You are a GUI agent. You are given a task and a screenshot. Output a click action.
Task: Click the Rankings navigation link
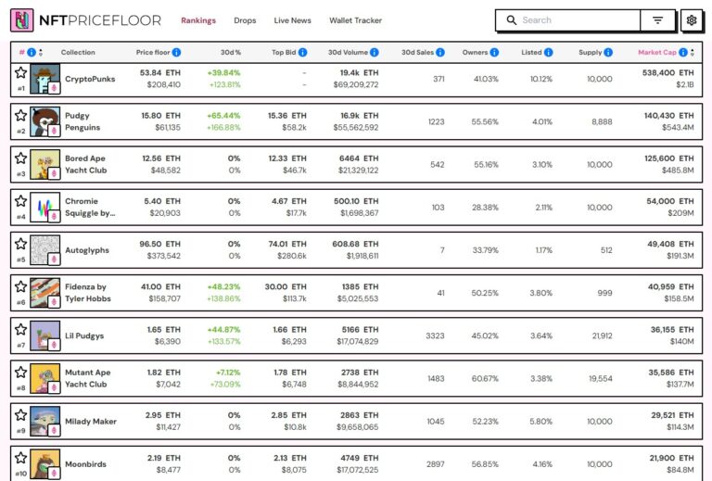[x=198, y=20]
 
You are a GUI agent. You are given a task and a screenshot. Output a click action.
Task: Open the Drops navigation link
[x=245, y=20]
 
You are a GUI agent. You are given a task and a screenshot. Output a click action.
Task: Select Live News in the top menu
[x=293, y=20]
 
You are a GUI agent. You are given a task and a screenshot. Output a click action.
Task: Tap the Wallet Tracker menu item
[x=355, y=20]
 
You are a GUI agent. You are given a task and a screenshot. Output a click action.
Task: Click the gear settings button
[x=691, y=20]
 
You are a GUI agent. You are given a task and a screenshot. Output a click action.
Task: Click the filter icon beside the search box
[x=657, y=20]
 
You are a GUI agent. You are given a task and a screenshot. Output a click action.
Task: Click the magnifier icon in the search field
[x=511, y=20]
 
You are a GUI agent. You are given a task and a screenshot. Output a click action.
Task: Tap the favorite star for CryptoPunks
[x=20, y=72]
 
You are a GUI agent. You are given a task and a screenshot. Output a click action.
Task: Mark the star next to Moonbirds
[x=20, y=458]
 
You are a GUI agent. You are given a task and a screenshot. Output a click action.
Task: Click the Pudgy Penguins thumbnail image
[x=45, y=121]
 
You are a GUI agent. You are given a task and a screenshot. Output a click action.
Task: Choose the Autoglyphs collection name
[x=86, y=250]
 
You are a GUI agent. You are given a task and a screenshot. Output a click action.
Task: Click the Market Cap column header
[x=657, y=53]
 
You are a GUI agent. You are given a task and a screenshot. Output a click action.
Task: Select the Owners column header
[x=476, y=53]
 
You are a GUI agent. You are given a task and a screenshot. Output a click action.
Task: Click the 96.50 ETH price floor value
[x=159, y=244]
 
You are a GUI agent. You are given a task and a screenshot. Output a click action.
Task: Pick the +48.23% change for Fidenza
[x=223, y=286]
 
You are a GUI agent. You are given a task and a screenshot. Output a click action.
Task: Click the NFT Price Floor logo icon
[x=21, y=20]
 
